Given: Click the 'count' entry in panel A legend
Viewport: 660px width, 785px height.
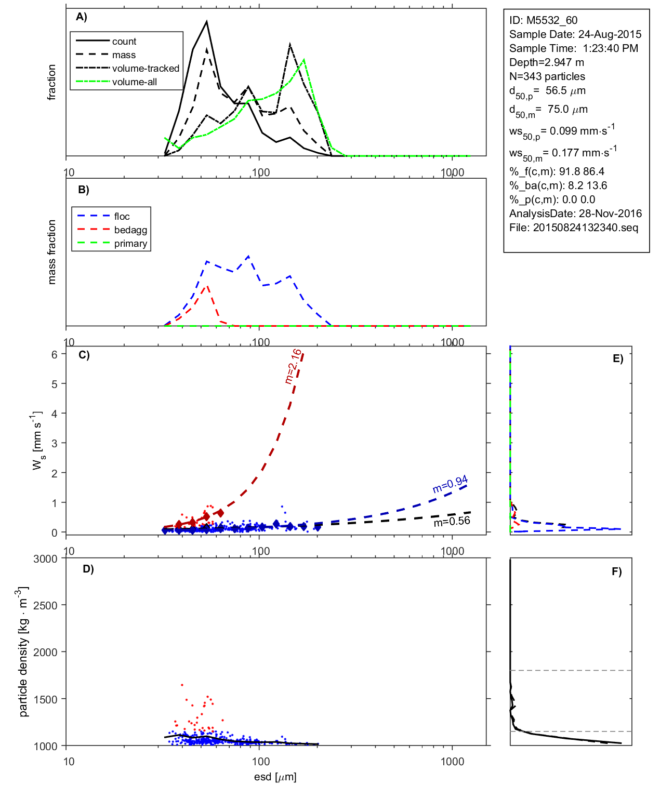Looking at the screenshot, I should click(124, 42).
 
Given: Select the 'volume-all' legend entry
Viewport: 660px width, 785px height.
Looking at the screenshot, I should click(134, 82).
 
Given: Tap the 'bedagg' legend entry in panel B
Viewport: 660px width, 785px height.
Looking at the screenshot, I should click(130, 230).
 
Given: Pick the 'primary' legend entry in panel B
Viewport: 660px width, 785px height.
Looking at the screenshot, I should click(130, 244).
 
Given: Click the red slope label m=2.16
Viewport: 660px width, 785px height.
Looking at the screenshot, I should click(293, 366).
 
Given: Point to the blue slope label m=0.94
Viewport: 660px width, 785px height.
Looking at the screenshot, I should click(450, 484).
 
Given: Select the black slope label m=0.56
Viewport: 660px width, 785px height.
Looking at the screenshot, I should click(452, 521).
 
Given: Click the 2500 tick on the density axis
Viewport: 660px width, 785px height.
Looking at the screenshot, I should click(45, 605).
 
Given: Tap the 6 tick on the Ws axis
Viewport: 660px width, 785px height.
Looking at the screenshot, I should click(54, 354).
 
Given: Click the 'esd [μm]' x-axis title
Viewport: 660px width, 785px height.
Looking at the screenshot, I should click(275, 777).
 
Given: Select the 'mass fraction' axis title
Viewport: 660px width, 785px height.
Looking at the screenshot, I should click(51, 252).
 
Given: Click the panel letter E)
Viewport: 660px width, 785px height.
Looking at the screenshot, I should click(617, 358).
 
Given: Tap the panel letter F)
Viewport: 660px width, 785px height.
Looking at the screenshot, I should click(616, 571).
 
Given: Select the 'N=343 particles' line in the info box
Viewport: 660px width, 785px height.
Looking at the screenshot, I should click(547, 76).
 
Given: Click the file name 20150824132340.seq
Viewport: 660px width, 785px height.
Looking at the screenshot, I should click(585, 228).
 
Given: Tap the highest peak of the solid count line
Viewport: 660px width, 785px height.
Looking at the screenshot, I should click(207, 22).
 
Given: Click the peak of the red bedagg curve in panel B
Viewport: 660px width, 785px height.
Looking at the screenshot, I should click(207, 285).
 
